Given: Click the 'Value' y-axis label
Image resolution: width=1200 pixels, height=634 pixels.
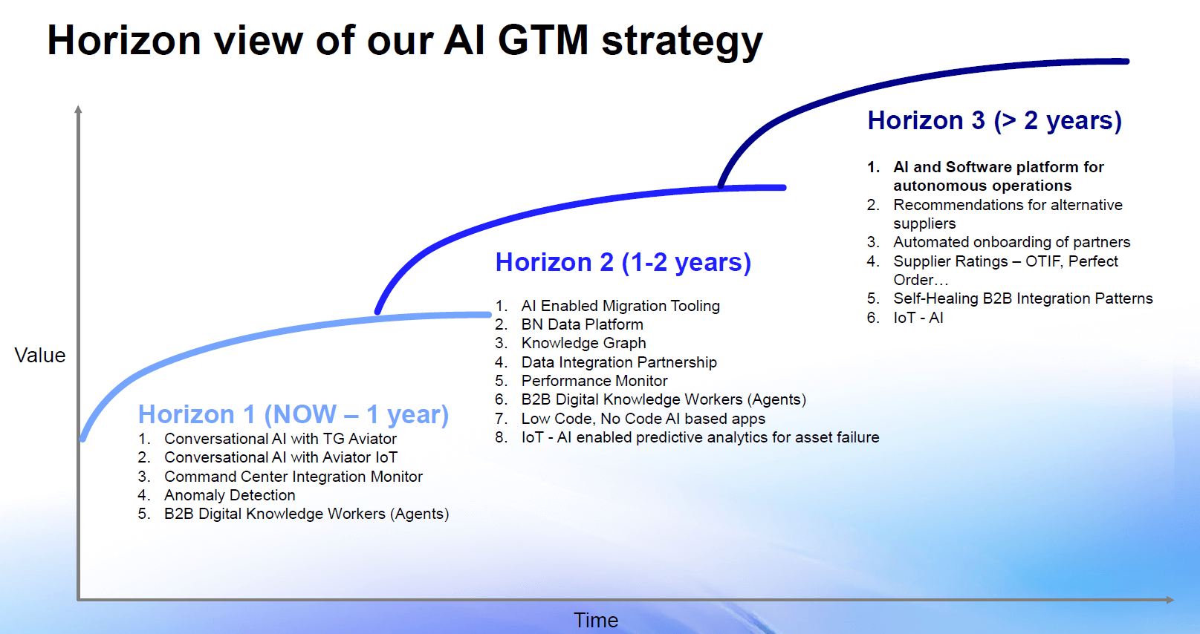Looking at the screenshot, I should coord(40,356).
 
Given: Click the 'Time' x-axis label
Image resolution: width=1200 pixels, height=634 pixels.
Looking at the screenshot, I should coord(595,620).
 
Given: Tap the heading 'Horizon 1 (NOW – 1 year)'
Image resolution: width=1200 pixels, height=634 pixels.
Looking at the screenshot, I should coord(293,414).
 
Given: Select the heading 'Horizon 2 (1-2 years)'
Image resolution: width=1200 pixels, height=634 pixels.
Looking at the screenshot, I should coord(623,262).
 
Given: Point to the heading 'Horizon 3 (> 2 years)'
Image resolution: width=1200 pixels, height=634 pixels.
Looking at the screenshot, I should coord(994,120).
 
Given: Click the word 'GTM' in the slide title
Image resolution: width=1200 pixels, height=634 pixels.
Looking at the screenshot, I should coord(542,40).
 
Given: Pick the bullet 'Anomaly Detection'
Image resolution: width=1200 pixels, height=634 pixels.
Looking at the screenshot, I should coord(230,495).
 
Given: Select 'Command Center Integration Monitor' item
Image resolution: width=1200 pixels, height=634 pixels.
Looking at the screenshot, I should coord(293,477).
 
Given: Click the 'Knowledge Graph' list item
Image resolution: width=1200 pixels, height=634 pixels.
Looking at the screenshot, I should coord(583,343).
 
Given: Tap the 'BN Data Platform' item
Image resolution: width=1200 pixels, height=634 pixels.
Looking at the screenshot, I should coord(582,324).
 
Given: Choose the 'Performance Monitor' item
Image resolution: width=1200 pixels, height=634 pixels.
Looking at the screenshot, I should coord(594,381).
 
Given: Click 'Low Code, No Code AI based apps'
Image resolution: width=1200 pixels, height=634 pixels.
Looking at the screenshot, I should coord(643,419).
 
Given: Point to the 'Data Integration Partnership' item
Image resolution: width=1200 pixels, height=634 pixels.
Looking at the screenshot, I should coord(618,362).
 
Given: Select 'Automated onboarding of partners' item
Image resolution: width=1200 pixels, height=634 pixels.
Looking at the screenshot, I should coord(1011,242).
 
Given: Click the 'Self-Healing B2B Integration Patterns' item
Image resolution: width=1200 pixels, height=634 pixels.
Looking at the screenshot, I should coord(1022,298).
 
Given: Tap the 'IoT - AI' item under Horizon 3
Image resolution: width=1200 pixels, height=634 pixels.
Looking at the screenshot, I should coord(918,318).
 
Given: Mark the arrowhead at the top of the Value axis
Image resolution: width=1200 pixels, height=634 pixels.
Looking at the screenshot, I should coord(78,110).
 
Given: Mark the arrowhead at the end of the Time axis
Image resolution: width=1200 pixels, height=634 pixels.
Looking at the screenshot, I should coord(1170,599).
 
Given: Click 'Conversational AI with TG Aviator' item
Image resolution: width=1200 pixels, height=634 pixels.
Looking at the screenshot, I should coord(280,439).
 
